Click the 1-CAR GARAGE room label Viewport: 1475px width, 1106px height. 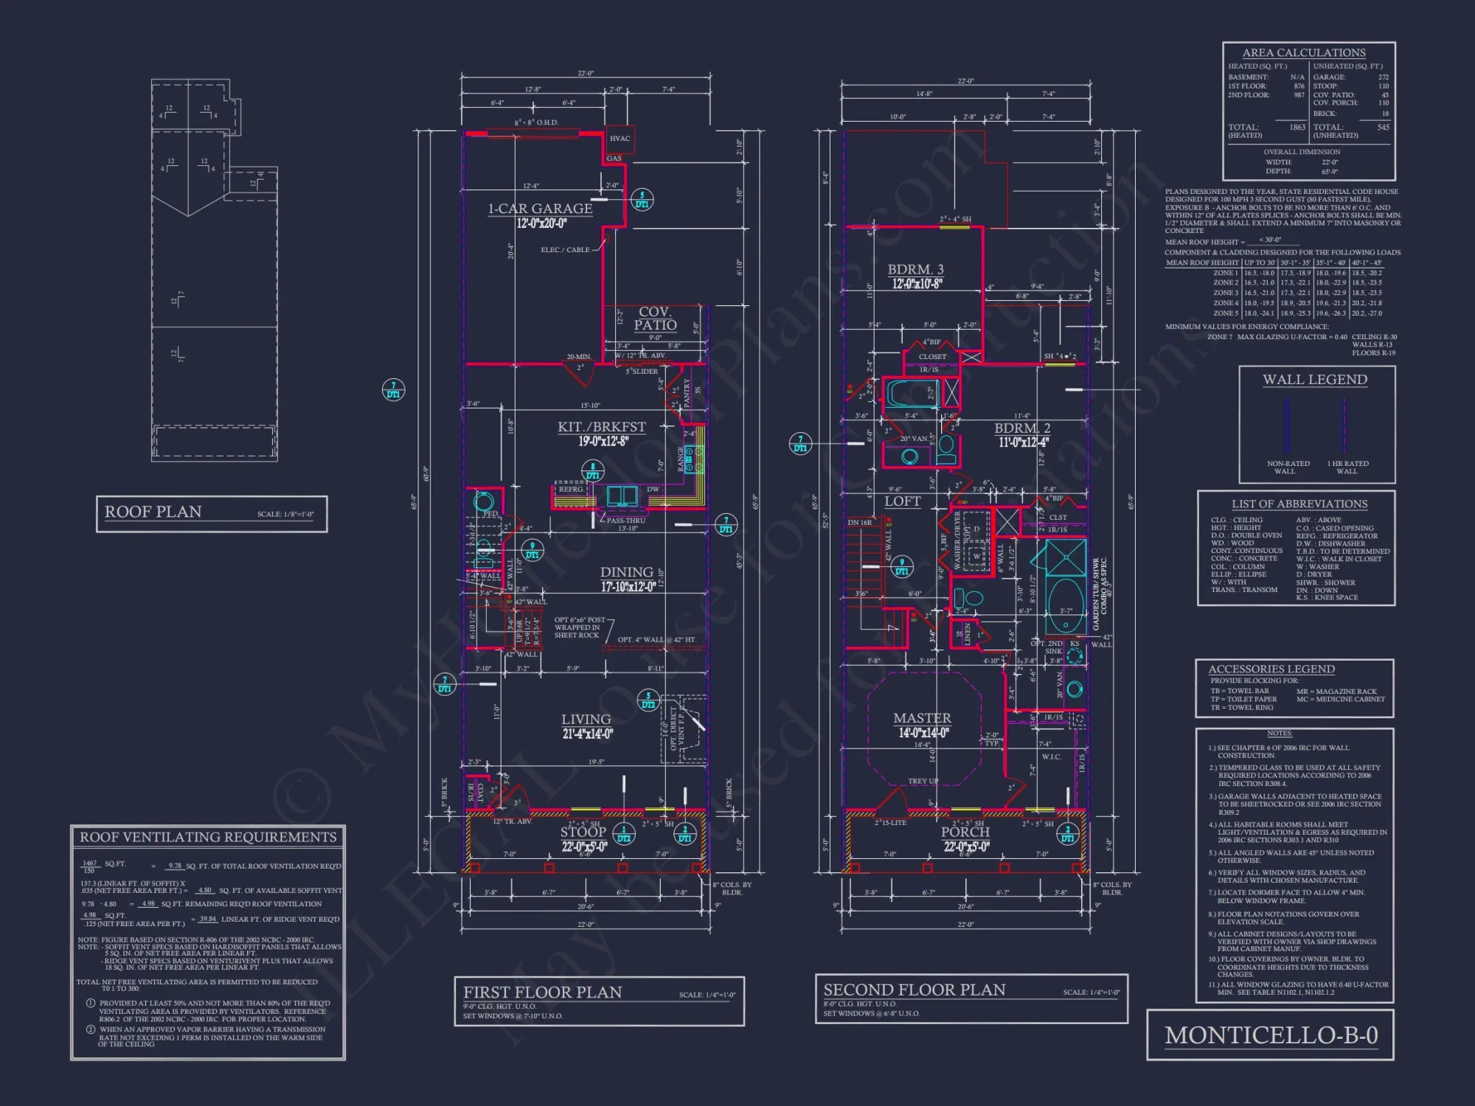coord(540,209)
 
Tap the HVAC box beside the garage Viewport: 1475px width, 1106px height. coord(619,139)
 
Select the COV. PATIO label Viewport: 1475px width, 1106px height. coord(655,319)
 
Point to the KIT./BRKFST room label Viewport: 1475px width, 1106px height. coord(601,428)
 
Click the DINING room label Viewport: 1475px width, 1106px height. coord(626,573)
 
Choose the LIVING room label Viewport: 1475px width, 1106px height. coord(586,720)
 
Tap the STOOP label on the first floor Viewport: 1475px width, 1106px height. coord(583,832)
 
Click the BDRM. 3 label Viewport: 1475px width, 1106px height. coord(915,270)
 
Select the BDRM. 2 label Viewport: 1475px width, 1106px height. coord(1022,428)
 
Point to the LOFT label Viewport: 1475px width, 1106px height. coord(903,502)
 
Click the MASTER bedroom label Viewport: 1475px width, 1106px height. coord(922,718)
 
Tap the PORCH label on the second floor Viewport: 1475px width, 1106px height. coord(965,832)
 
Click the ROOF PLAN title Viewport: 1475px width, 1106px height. coord(153,512)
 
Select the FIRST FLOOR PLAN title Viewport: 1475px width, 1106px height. coord(542,992)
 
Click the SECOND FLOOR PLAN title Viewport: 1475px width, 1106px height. coord(914,990)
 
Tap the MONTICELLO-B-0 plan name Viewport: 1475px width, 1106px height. coord(1271,1036)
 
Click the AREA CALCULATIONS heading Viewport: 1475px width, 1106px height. coord(1303,53)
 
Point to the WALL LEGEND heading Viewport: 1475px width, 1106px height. coord(1314,380)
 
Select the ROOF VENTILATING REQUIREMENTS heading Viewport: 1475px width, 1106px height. coord(208,838)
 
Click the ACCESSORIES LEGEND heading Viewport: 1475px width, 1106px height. coord(1271,669)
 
